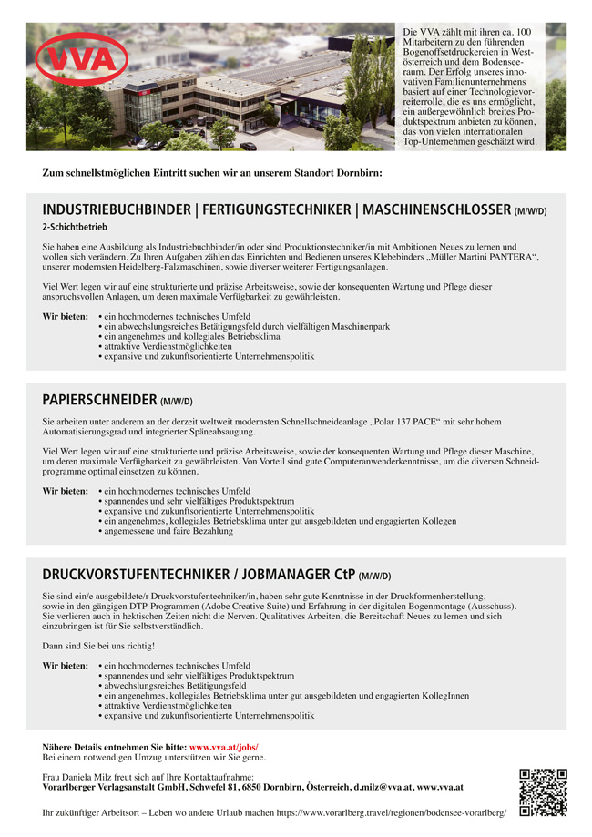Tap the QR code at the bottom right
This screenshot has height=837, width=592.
coord(543,792)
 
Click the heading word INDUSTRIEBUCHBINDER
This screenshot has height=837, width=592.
coord(116,210)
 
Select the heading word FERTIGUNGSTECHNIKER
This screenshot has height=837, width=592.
coord(274,210)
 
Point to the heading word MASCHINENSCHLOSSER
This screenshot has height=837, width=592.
coord(436,210)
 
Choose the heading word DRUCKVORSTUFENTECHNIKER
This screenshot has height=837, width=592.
coord(136,575)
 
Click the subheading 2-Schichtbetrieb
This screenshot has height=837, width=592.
coord(75,227)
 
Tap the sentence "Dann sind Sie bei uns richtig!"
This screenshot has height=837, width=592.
coord(98,646)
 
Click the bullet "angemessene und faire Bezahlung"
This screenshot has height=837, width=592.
coord(168,531)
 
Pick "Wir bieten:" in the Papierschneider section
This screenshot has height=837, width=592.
coord(65,491)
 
